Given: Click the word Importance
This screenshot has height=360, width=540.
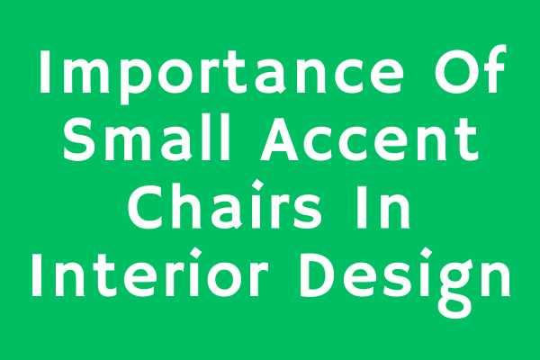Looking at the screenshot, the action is [x=220, y=74].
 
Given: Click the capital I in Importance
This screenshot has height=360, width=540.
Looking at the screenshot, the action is [x=44, y=71].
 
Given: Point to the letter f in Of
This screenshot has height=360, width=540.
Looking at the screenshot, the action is [x=493, y=68].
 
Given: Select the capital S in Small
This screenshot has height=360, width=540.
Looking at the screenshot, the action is [x=79, y=139].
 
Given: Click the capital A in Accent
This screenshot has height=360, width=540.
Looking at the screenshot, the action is [x=279, y=139].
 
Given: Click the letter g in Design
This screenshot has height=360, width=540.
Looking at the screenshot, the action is [x=454, y=290].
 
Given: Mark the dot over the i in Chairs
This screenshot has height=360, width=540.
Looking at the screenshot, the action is [x=258, y=186].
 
